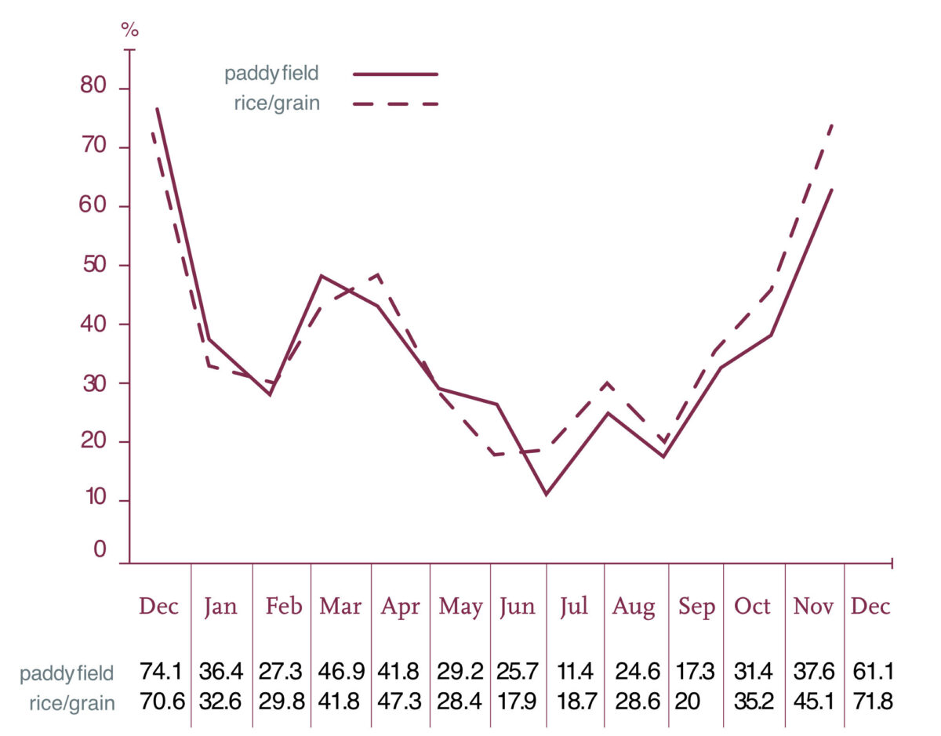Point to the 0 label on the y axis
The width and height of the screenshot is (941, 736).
100,549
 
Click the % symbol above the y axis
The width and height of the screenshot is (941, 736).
129,31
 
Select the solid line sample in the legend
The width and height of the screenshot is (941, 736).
395,74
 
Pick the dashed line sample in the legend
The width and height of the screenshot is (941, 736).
395,103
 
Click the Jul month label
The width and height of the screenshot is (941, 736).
574,607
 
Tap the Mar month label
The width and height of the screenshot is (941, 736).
340,607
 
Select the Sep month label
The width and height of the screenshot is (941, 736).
696,607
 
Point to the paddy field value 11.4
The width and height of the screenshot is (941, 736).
575,672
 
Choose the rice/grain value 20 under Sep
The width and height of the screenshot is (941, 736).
688,701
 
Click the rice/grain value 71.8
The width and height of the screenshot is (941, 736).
872,701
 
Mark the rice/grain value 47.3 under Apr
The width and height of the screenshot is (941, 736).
399,701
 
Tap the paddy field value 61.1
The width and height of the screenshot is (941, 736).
872,672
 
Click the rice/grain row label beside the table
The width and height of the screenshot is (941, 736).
67,702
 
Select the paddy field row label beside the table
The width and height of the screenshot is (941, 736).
67,673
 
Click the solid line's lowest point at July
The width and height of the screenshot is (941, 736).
546,495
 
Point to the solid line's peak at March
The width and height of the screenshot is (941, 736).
322,276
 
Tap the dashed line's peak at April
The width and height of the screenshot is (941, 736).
379,274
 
